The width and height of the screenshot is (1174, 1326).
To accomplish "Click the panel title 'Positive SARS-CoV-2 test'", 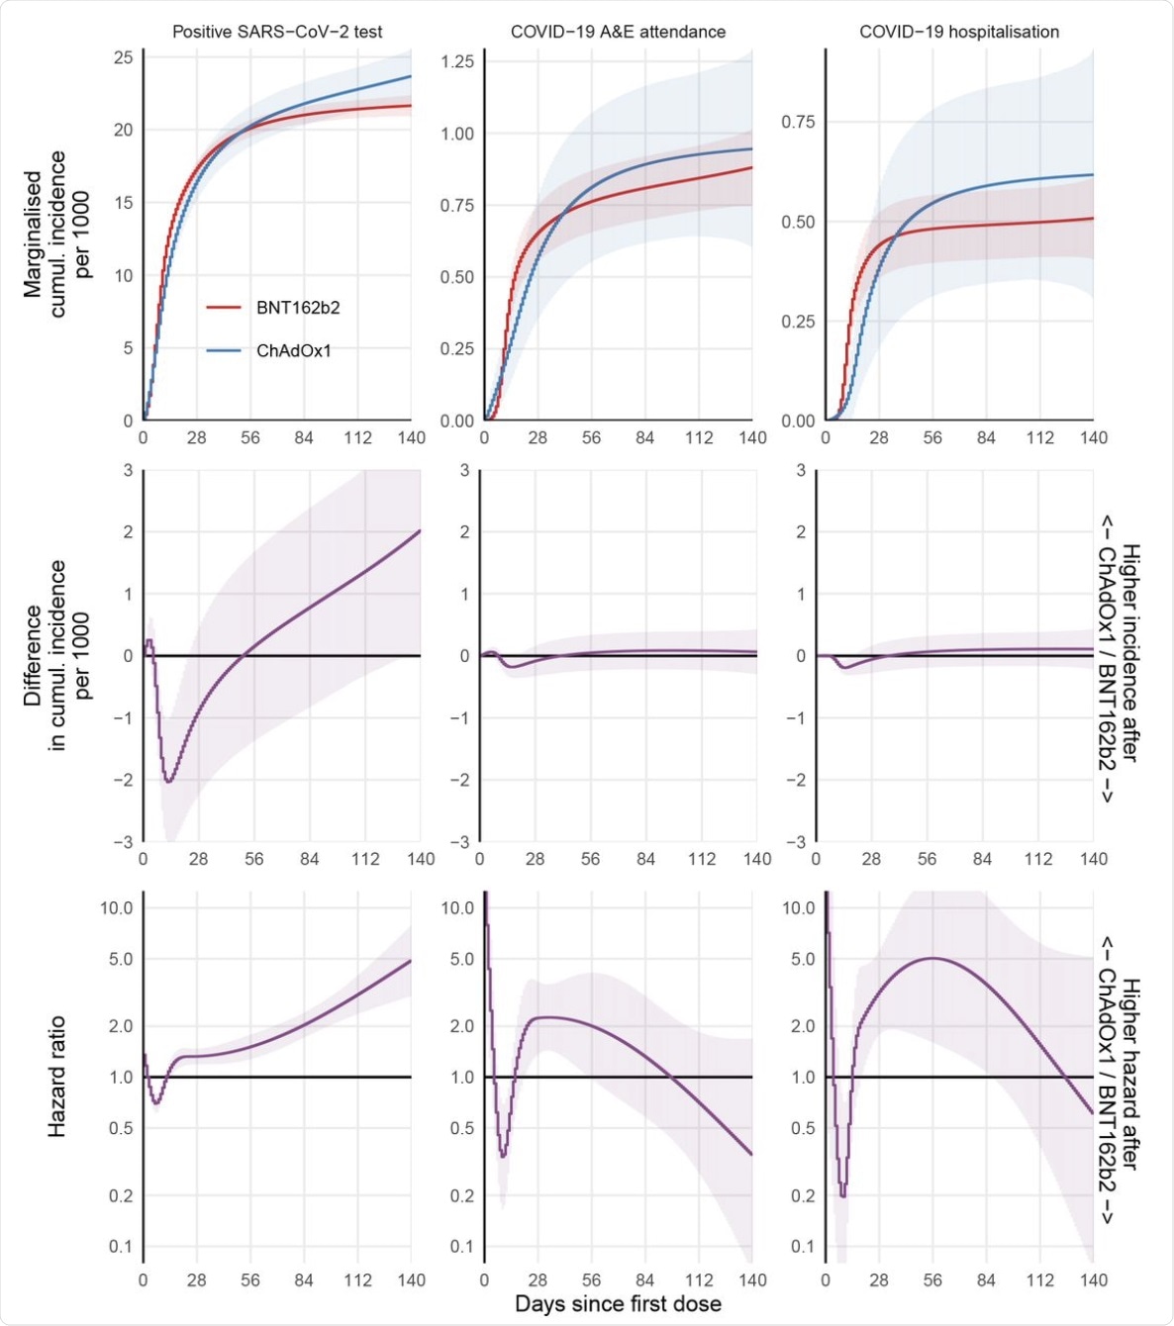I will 277,32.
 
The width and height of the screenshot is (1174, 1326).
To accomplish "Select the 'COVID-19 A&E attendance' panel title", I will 618,32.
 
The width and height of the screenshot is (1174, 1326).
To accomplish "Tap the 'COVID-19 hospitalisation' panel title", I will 958,32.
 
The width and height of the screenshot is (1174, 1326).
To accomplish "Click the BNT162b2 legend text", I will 298,308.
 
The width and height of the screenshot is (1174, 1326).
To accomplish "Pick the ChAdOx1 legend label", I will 294,350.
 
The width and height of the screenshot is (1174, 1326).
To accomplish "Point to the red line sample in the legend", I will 224,308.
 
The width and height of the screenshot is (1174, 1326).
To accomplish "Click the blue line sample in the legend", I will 224,350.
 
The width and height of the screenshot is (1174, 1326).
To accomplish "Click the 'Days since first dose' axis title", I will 618,1304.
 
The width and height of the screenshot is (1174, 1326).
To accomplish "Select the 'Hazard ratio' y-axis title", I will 57,1076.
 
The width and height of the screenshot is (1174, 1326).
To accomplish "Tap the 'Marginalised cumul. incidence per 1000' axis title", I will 57,234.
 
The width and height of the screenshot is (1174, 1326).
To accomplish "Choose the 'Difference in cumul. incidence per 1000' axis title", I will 57,655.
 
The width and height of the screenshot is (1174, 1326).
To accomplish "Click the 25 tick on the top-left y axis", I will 123,57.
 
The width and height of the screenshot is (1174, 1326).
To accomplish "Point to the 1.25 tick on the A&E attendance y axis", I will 457,61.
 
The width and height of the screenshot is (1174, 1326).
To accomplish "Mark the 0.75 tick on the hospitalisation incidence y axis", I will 798,122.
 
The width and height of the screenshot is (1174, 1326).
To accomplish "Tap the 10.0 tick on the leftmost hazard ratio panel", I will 116,907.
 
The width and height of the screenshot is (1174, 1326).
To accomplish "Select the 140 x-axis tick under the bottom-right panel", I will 1094,1279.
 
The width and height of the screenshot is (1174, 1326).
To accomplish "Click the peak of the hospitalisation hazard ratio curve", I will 932,958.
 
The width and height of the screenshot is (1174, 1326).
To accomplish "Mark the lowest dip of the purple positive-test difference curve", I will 169,782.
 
